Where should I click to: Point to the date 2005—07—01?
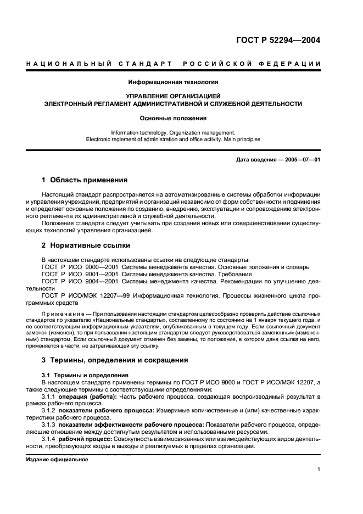click(301, 159)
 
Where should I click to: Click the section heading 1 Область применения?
click(85, 180)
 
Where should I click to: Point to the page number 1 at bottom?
click(319, 470)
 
